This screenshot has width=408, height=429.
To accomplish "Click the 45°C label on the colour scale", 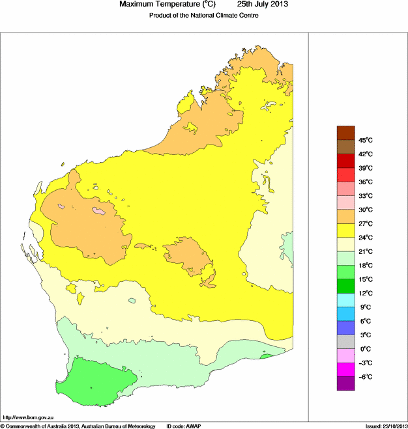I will [365, 140].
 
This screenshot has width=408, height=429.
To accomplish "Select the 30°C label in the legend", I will [365, 210].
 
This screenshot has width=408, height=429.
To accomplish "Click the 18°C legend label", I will [365, 266].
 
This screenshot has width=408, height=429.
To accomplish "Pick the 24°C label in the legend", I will [365, 238].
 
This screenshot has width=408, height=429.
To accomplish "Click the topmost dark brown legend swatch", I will [345, 133].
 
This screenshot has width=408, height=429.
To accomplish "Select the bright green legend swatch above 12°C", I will [345, 286].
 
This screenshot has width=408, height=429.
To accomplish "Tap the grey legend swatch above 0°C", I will [345, 342].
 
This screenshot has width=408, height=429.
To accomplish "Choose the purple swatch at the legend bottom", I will [345, 383].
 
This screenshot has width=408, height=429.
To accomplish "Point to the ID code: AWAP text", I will [184, 425].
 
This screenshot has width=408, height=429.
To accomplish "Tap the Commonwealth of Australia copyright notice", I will [78, 425].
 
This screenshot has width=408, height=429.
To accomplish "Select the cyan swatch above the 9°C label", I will [345, 300].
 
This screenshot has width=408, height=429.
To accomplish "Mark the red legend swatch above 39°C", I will [345, 161].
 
